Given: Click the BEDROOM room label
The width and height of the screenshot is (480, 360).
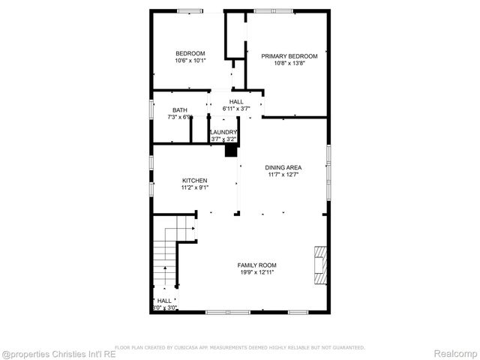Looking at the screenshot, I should tap(190, 53).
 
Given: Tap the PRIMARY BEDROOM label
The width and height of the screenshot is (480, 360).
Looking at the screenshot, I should tap(289, 56).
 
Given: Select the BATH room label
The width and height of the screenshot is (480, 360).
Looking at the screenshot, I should tap(180, 110).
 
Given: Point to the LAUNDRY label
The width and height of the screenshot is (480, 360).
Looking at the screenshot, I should tap(223, 132).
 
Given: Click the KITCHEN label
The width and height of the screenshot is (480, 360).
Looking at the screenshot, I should tap(195, 180).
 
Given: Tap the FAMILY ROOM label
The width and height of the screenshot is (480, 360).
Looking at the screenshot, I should tap(257, 265).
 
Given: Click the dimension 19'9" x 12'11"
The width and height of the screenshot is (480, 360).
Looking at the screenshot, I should tap(257, 272).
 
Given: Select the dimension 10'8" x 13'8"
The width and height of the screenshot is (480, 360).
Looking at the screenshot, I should tap(289, 63).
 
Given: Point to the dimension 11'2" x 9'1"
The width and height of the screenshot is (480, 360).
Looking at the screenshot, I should tap(195, 187).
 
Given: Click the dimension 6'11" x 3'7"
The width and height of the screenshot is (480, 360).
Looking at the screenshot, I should tap(236, 109).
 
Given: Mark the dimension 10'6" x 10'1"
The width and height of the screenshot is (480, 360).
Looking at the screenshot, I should tap(190, 60).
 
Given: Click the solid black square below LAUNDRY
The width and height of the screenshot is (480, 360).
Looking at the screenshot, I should tap(232, 151).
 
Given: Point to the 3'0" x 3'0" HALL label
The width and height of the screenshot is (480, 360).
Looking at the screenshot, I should tap(164, 304).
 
